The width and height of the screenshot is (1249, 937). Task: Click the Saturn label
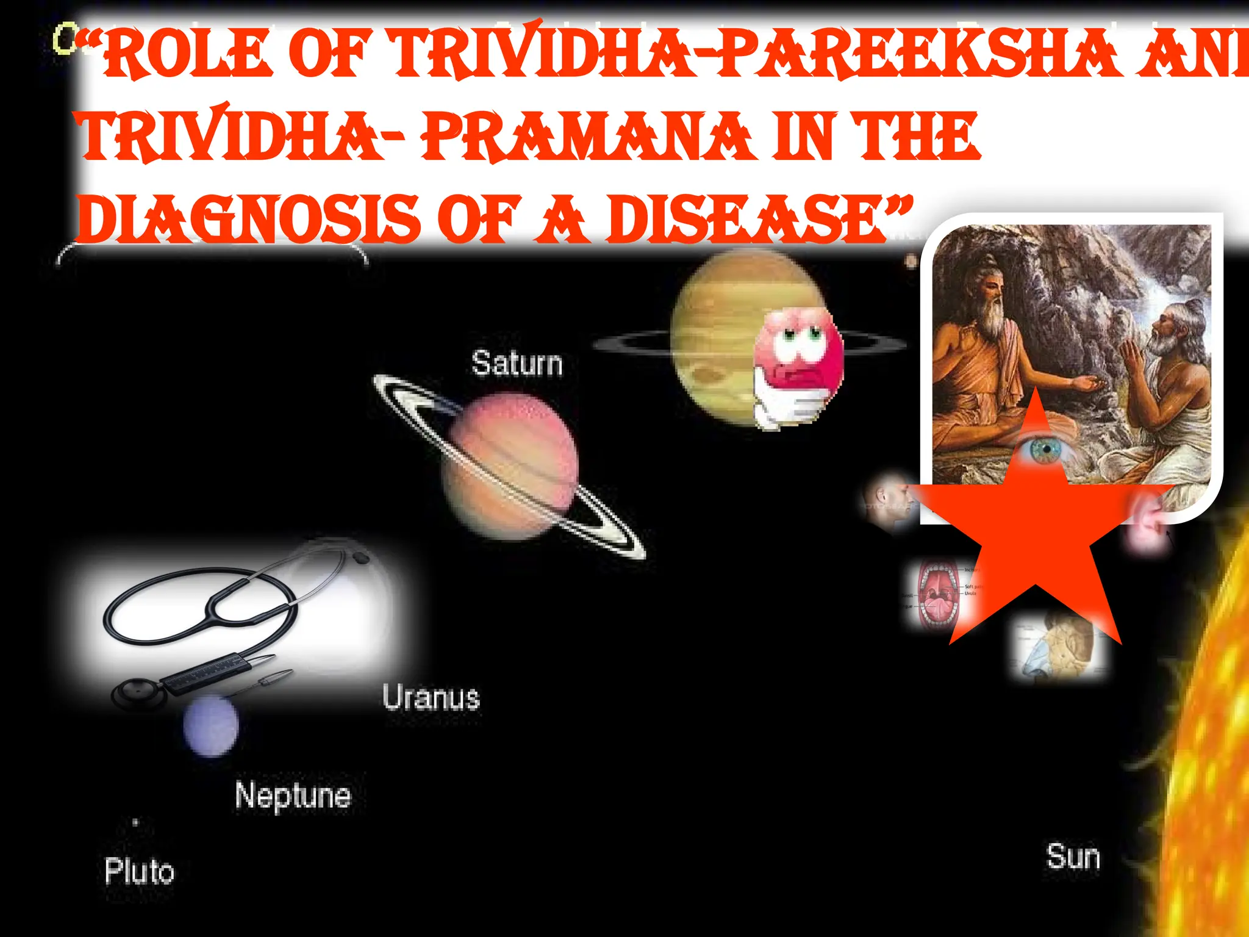coord(517,364)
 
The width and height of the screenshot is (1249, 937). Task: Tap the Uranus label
coord(431,697)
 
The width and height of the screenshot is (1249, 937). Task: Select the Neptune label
coord(293,795)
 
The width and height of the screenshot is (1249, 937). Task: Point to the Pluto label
coord(139,871)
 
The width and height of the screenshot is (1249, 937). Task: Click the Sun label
coord(1073,856)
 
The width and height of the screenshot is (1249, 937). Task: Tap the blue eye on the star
coord(1044,450)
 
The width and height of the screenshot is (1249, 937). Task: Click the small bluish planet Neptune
coord(211,727)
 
